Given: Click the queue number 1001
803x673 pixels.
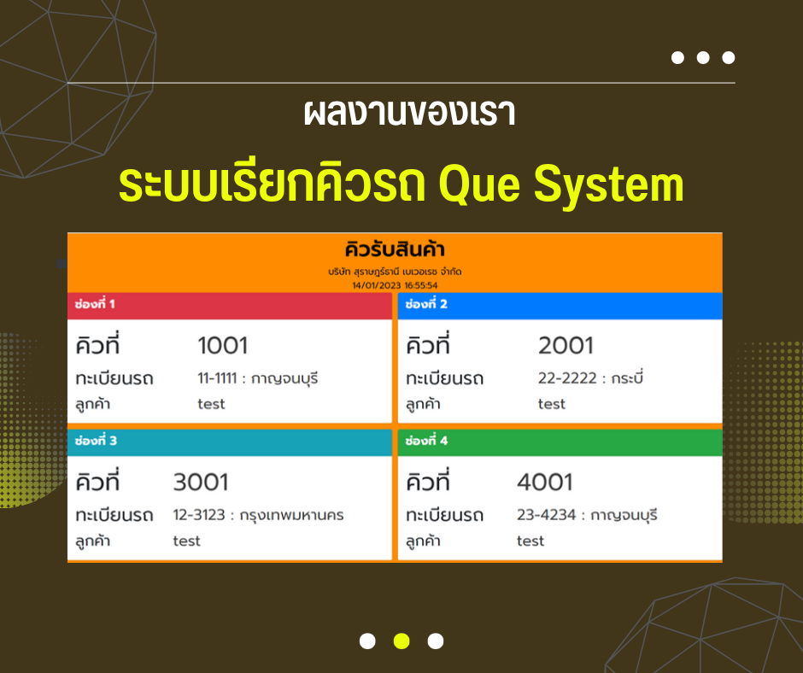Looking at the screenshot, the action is [x=223, y=345].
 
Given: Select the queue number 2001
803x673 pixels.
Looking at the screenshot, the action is [x=566, y=345].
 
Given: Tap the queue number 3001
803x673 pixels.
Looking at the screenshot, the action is [x=201, y=482].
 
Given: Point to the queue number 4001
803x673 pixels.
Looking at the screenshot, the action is [x=545, y=482].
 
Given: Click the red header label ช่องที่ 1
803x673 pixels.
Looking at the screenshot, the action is [x=95, y=304].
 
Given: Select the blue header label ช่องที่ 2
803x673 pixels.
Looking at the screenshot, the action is [x=426, y=304].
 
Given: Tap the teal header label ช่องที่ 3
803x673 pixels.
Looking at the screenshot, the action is [x=96, y=441].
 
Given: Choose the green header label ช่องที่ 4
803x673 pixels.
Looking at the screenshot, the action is [x=426, y=441].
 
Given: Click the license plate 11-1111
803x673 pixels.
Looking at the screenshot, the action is [x=217, y=378].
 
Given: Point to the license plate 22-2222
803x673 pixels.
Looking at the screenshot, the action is [x=567, y=378].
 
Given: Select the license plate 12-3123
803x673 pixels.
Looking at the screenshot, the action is [x=199, y=515].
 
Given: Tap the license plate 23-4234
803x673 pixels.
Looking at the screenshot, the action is [x=547, y=515].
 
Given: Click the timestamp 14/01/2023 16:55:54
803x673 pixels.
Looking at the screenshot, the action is [x=395, y=285].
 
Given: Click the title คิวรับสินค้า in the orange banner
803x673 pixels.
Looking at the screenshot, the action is [x=395, y=249].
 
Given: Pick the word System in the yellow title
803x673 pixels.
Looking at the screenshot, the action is [x=609, y=184].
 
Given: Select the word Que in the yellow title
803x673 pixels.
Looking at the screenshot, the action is [x=479, y=184].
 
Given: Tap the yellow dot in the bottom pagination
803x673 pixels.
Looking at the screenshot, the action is [x=401, y=641].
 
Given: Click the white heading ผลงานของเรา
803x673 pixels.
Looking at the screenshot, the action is [x=409, y=113].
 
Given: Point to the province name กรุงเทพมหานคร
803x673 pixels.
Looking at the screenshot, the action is [x=292, y=515].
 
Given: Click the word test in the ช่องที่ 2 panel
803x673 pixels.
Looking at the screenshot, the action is [x=552, y=404].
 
